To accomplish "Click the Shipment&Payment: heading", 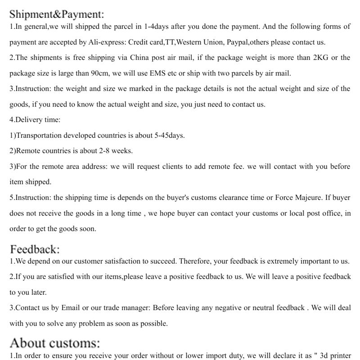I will point(57,14).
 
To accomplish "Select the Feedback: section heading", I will point(35,249).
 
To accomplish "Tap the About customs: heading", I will point(55,343).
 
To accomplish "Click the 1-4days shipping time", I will point(157,27).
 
